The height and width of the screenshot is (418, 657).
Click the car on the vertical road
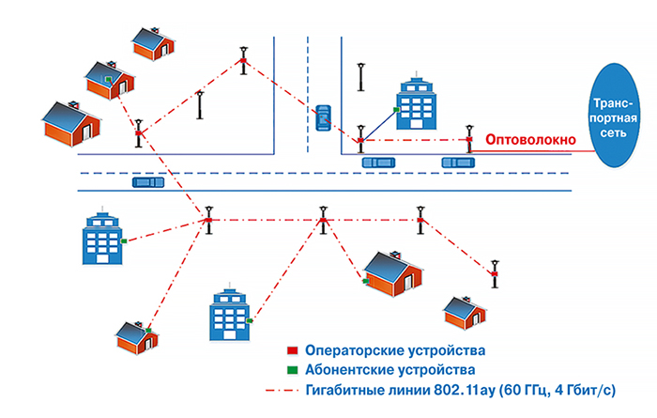pos(323,117)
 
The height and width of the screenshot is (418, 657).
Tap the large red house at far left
pos(71,125)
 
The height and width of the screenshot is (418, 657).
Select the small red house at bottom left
pos(135,335)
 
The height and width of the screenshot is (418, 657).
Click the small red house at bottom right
pos(464,311)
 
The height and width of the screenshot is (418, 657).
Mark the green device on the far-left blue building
pos(124,241)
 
